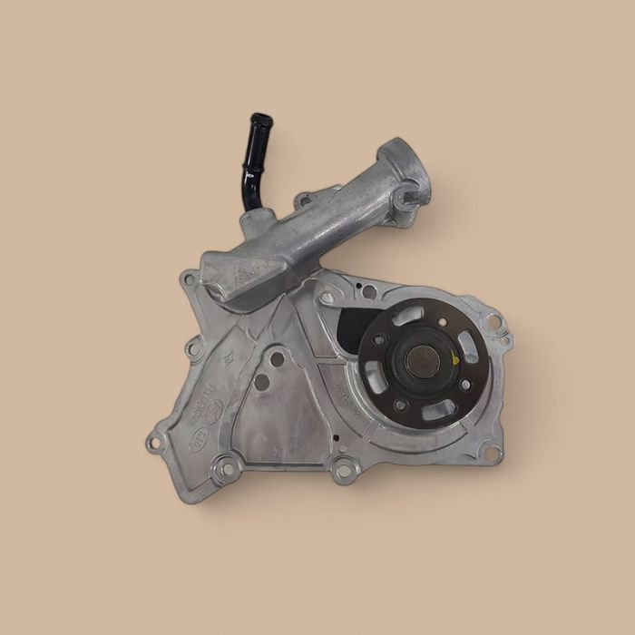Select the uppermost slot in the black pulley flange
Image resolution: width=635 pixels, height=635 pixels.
411,315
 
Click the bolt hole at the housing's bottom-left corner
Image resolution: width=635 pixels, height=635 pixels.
152,445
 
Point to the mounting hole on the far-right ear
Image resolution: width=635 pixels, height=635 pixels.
493,320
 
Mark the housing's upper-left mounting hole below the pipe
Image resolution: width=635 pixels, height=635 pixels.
188,280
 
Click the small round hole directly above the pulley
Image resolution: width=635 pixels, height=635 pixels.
369,291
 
